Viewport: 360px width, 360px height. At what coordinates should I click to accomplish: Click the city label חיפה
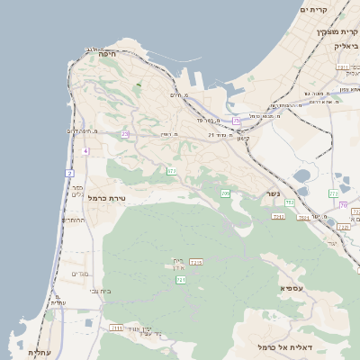click(95, 55)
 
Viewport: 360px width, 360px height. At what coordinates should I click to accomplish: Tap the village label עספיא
click(292, 288)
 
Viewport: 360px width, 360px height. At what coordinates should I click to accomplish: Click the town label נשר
click(273, 193)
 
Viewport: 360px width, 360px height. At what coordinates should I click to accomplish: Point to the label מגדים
click(79, 274)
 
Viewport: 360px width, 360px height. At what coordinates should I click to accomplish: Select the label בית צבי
click(101, 291)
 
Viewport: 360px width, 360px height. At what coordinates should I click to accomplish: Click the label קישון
click(242, 139)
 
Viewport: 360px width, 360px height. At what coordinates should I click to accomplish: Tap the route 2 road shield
click(70, 172)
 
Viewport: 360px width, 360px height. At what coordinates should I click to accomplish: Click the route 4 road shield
click(85, 151)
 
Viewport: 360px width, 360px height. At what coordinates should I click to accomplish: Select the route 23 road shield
click(126, 134)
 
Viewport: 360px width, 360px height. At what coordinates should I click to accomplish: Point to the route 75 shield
click(237, 120)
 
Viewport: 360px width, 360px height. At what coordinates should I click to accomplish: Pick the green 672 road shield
click(171, 170)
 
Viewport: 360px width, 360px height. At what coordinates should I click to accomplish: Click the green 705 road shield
click(225, 193)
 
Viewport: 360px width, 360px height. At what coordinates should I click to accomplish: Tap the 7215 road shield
click(197, 262)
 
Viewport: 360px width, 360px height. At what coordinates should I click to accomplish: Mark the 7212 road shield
click(278, 216)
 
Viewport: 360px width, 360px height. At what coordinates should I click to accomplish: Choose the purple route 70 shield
click(344, 205)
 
